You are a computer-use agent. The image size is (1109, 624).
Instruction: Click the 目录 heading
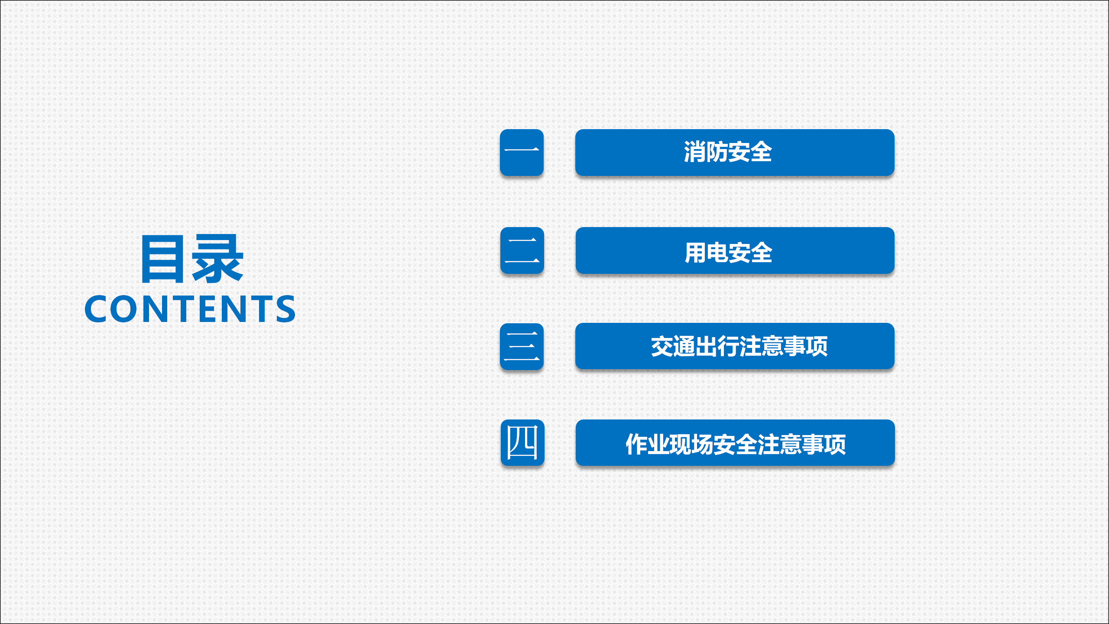pos(192,259)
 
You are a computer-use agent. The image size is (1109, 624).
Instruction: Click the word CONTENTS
pos(190,309)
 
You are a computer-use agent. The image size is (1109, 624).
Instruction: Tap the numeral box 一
pos(522,153)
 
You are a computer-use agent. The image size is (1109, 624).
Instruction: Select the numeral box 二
pos(522,250)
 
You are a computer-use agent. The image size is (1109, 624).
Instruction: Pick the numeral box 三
pos(522,347)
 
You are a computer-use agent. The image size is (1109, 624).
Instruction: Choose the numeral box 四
pos(522,443)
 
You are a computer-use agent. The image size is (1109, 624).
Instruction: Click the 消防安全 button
pos(735,153)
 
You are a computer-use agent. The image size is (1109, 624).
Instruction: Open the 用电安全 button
pos(735,250)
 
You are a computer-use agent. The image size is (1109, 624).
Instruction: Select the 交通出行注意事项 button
pos(735,346)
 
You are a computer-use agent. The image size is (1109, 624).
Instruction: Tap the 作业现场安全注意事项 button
pos(735,443)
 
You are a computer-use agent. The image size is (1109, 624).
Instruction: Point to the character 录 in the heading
pos(218,259)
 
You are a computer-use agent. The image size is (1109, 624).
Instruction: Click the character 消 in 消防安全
pos(695,152)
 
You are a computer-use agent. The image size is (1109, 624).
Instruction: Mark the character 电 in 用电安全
pos(717,253)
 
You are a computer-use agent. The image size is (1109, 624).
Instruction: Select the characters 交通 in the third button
pos(673,346)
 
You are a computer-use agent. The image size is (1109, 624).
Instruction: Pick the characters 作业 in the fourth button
pos(648,444)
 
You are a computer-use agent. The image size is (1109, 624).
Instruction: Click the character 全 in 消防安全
pos(761,152)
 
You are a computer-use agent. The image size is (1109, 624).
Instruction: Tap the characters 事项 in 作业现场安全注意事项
pos(824,444)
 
